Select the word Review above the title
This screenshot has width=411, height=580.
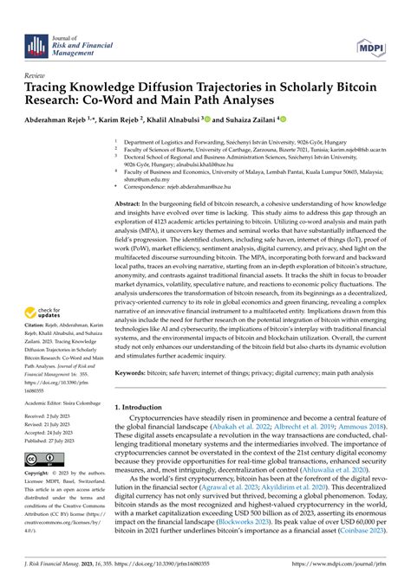tap(39, 75)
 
